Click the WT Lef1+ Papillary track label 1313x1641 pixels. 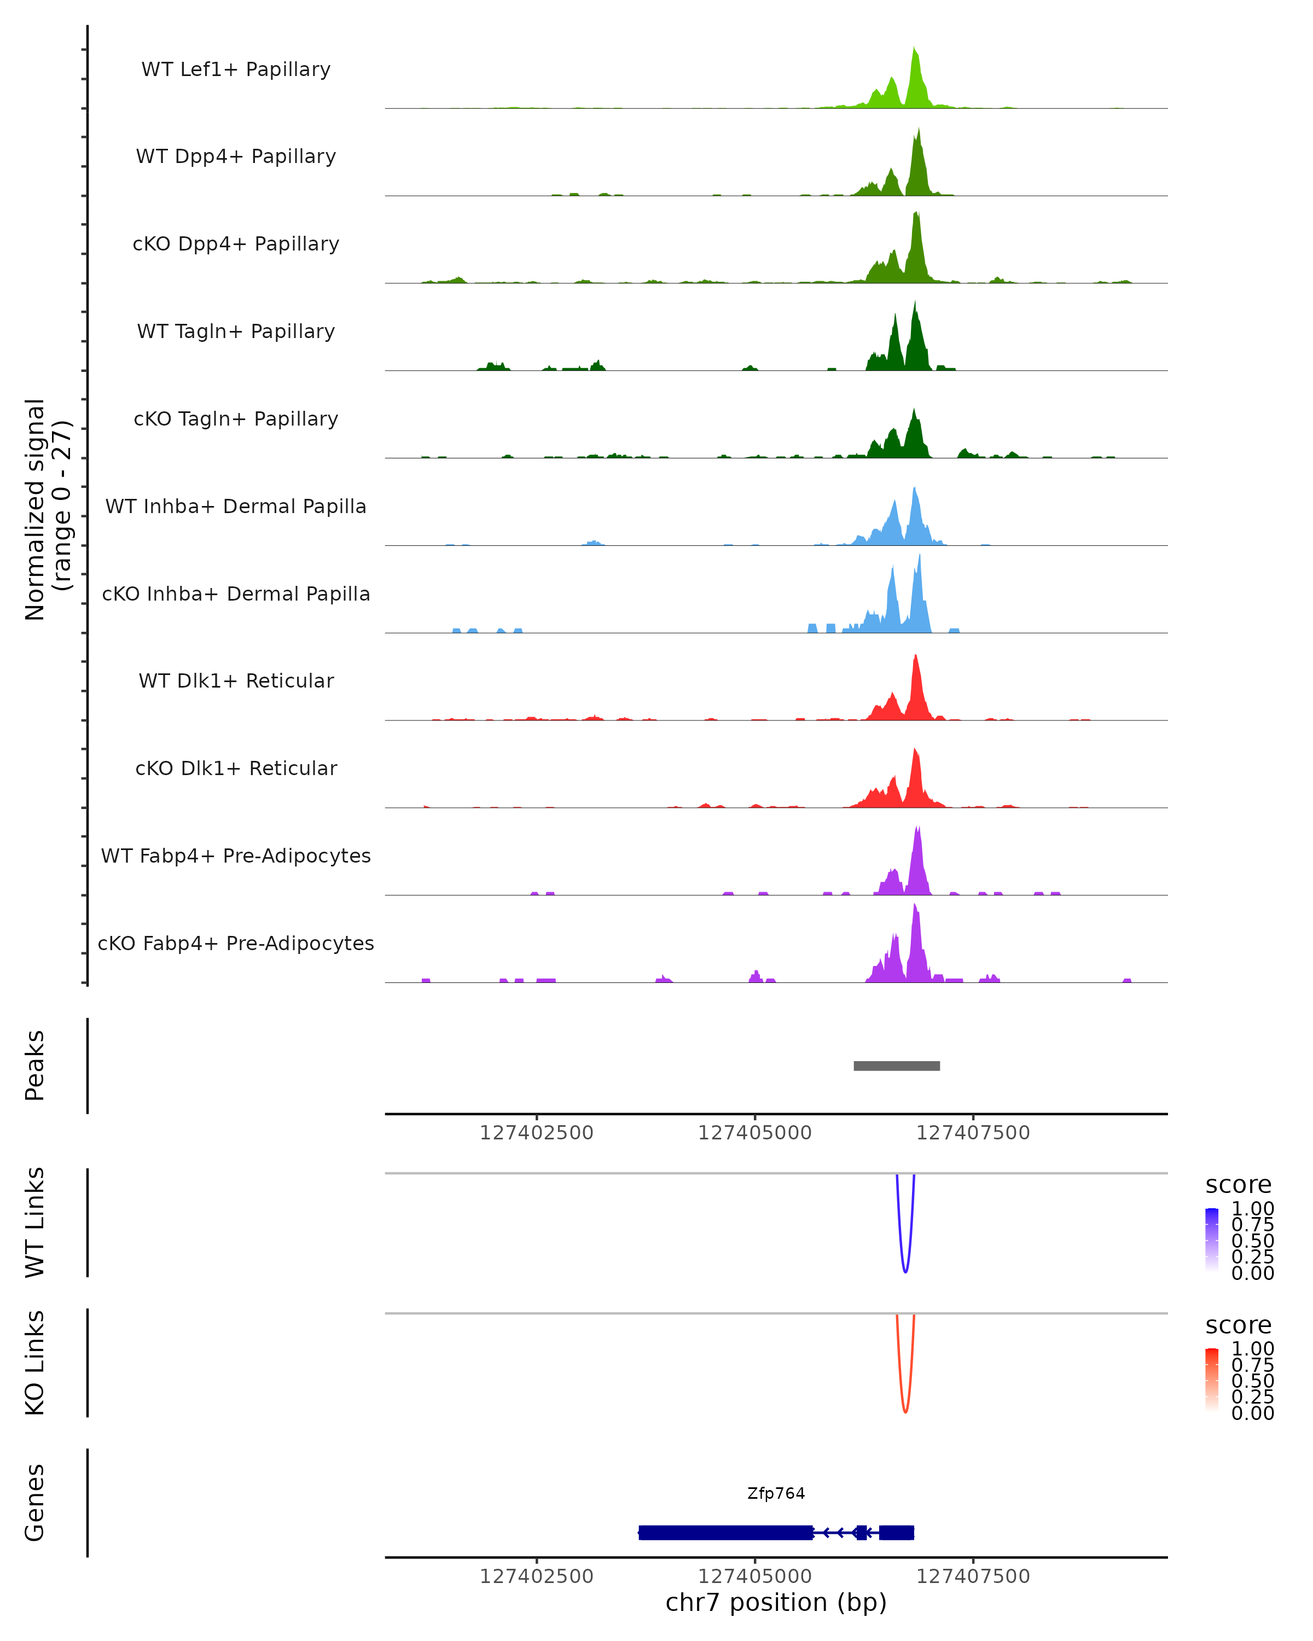coord(236,69)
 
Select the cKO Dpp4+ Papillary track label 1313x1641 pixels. coord(236,243)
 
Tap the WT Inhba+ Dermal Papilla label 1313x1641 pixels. coord(236,506)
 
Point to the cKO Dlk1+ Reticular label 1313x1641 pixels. coord(236,768)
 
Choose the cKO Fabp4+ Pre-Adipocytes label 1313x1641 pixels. coord(236,943)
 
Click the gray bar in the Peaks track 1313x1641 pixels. coord(897,1066)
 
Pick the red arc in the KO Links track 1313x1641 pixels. coord(905,1410)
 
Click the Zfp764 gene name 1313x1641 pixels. coord(776,1493)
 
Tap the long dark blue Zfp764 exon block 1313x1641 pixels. coord(725,1532)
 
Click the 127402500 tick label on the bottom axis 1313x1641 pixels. coord(537,1575)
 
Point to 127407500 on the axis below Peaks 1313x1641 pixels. coord(973,1133)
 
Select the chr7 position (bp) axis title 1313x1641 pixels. coord(776,1602)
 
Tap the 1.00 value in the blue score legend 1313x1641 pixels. coord(1252,1208)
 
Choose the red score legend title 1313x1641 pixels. coord(1238,1325)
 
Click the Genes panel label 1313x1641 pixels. coord(35,1503)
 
